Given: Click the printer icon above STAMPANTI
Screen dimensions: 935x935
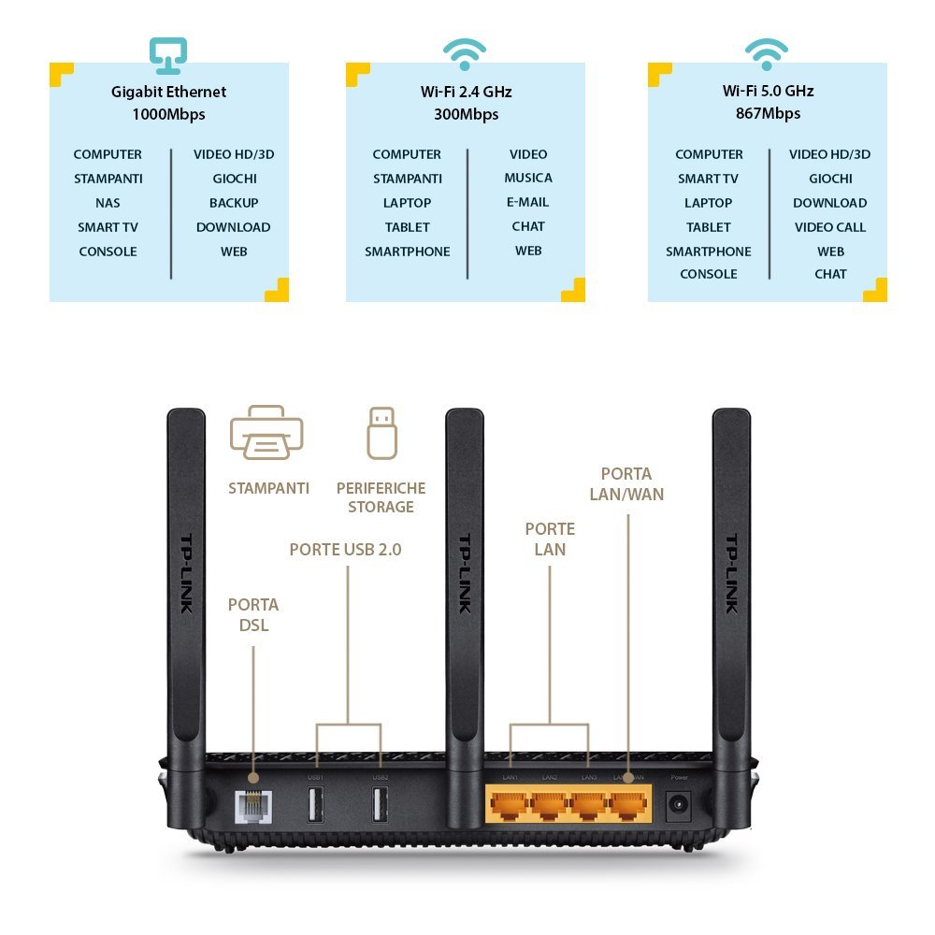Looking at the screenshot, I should click(266, 433).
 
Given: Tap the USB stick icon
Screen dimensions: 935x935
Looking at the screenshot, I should click(381, 432).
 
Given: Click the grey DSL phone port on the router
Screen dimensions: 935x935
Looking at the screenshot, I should click(252, 806).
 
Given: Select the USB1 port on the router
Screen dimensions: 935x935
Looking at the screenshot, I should click(315, 806).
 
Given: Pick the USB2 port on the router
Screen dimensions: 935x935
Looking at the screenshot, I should click(381, 806).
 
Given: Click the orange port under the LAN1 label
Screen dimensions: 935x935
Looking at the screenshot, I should click(510, 805).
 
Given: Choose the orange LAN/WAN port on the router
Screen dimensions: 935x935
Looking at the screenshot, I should click(628, 805).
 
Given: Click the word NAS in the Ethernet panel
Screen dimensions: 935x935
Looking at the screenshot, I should click(108, 203).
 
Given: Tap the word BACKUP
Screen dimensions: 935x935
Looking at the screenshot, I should click(234, 203).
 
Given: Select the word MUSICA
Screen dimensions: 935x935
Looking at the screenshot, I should click(528, 178).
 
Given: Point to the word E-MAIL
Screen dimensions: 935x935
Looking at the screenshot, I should click(528, 202).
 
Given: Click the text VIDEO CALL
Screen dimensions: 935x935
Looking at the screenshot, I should click(830, 227).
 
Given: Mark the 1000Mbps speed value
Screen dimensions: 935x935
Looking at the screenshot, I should click(168, 115).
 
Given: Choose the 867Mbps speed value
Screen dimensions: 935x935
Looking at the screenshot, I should click(768, 114).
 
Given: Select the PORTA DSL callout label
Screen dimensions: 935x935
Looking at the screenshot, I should click(252, 615).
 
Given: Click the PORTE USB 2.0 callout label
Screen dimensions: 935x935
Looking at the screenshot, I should click(345, 550).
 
